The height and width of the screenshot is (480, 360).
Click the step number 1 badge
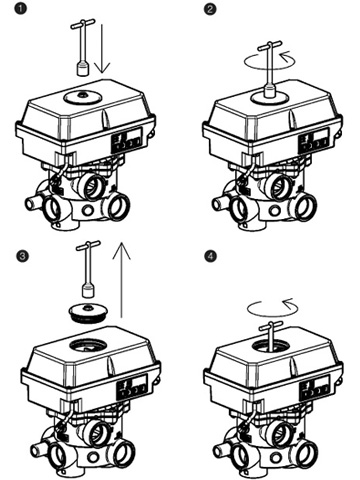point(21,9)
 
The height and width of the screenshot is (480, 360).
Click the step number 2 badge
point(210,9)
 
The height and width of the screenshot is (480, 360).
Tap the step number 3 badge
point(23,256)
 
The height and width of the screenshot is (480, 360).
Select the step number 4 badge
point(210,256)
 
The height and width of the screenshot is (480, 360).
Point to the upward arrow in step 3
point(122,279)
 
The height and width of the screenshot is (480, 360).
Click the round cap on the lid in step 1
point(81,97)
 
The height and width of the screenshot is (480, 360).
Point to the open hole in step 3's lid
point(88,345)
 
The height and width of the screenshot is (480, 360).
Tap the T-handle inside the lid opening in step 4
point(271,336)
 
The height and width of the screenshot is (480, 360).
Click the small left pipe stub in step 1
point(33,203)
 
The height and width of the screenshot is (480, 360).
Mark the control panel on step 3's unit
point(132,387)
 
